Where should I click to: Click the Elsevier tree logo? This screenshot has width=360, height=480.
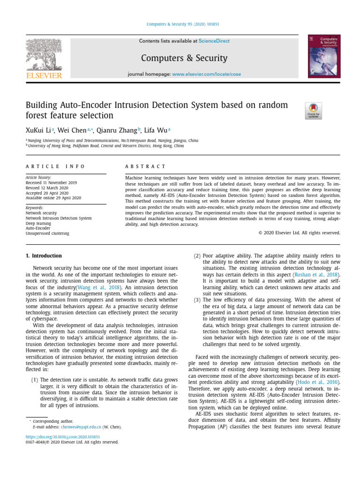coord(44,56)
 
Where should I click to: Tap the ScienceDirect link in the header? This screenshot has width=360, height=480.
coord(214,41)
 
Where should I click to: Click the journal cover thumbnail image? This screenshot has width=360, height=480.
coord(324,56)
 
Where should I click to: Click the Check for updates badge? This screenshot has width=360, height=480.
coord(313,111)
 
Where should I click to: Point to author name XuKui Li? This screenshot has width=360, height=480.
coord(39,130)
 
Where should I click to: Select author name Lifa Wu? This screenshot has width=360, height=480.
coord(155,130)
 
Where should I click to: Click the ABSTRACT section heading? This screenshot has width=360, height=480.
coord(145,166)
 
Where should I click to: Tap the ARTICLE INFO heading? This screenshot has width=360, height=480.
coord(55,166)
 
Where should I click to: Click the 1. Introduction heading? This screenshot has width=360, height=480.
coord(44,255)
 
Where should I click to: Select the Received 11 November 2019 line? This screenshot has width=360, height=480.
coord(51,182)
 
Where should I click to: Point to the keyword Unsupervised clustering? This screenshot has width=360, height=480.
coord(47,233)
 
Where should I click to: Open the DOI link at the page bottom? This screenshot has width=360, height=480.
coord(56,436)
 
